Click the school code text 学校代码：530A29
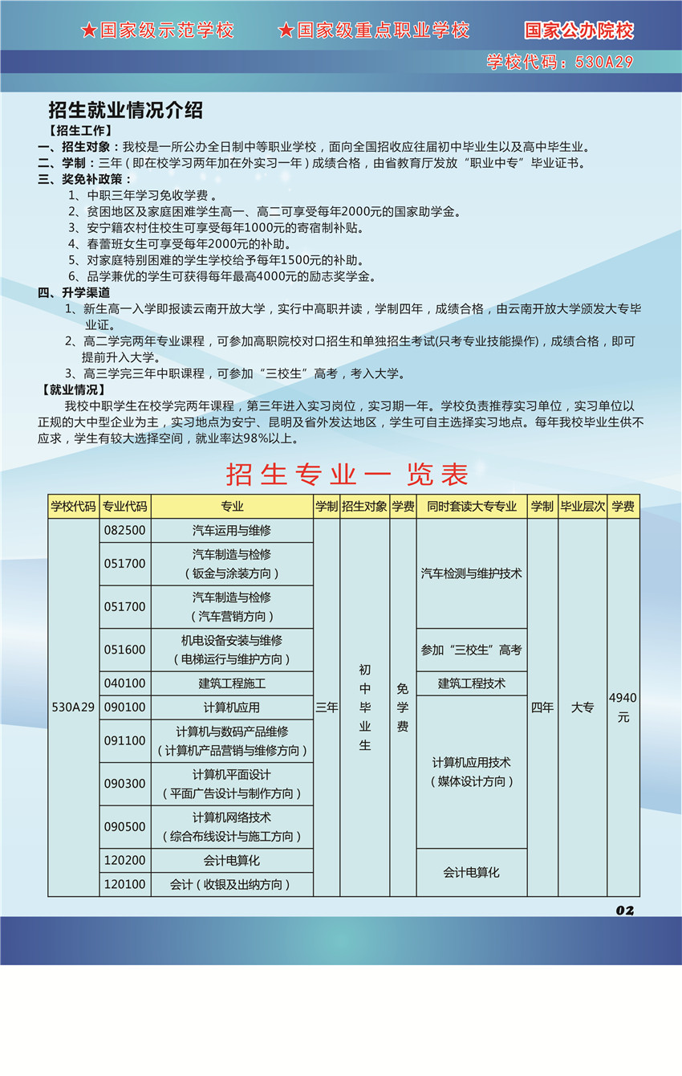pos(560,62)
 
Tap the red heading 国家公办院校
pos(578,31)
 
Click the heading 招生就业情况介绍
pos(125,111)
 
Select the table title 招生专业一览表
pos(347,475)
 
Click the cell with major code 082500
pos(125,531)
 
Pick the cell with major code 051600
pos(125,650)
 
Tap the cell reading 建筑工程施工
pos(232,683)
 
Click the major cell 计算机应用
pos(232,707)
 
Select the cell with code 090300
pos(125,783)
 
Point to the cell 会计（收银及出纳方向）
pos(232,884)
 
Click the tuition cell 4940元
pos(623,707)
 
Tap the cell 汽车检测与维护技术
pos(471,573)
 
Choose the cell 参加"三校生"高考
pos(471,650)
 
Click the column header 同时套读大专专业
pos(471,507)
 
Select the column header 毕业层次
pos(583,507)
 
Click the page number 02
pos(625,910)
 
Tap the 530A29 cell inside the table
pos(73,707)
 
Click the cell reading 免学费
pos(403,707)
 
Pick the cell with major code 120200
pos(125,860)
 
